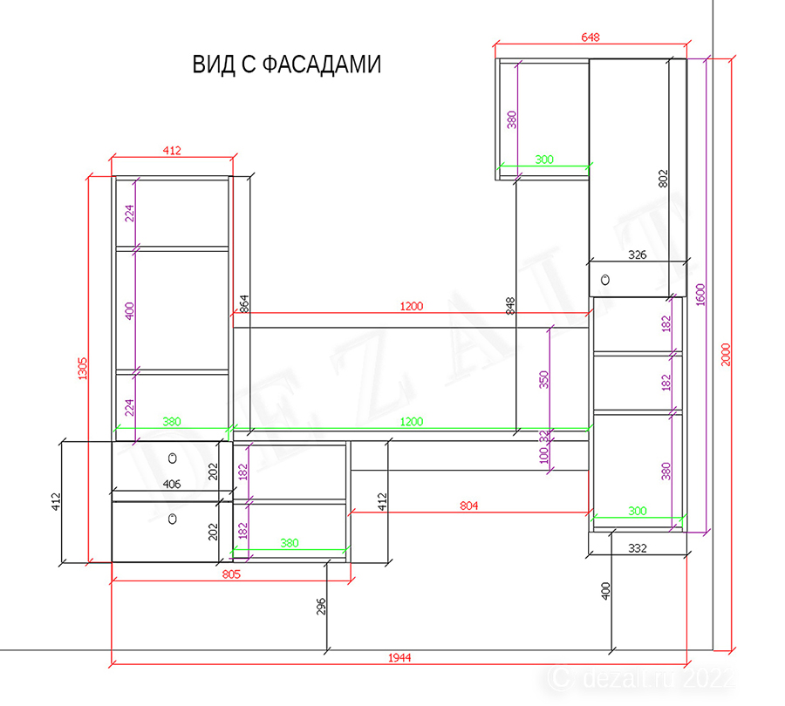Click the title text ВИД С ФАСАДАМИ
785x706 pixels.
click(287, 64)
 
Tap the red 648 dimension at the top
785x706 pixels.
click(590, 37)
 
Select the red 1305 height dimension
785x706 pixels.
click(83, 369)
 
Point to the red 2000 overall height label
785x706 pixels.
click(726, 354)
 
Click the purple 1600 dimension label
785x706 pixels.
click(700, 295)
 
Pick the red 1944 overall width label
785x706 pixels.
click(399, 657)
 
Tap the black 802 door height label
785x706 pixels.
click(663, 179)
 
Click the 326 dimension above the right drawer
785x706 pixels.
click(638, 255)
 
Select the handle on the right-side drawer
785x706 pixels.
click(605, 280)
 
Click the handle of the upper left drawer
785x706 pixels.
click(173, 458)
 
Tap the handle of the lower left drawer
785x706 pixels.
click(172, 519)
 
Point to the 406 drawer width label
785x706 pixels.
click(172, 484)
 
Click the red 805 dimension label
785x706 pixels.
click(231, 574)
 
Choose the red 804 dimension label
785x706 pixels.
click(469, 506)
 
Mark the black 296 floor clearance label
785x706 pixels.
click(321, 606)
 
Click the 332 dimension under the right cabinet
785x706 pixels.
click(638, 548)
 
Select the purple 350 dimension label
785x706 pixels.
click(543, 380)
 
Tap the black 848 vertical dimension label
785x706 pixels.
click(509, 306)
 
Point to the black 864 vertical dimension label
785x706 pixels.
click(244, 303)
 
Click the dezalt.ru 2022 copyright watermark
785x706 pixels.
click(641, 679)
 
